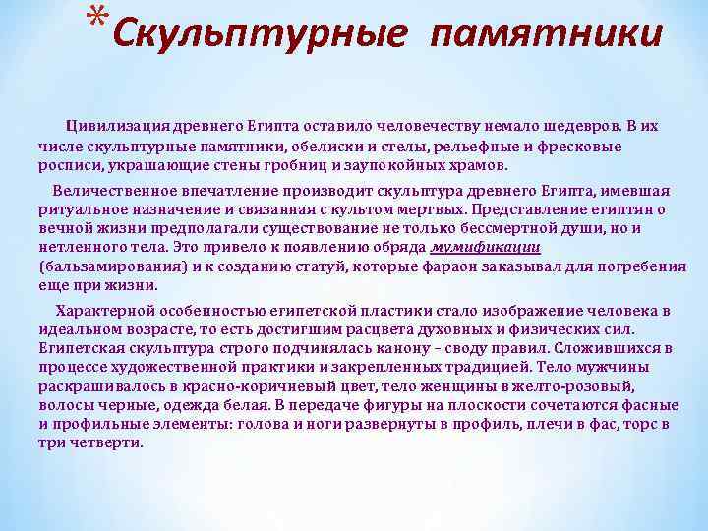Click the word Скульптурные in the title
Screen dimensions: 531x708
pyautogui.click(x=258, y=34)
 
